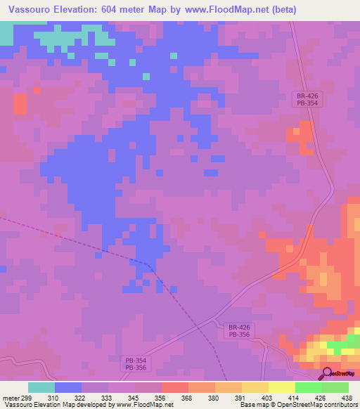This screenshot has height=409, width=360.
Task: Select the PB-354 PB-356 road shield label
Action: [135, 363]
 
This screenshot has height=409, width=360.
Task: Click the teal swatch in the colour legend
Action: [41, 387]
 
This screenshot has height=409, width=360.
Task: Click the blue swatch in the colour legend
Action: [68, 387]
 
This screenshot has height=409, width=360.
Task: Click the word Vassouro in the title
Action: [33, 10]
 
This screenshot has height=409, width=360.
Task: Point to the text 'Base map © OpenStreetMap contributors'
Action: [297, 405]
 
